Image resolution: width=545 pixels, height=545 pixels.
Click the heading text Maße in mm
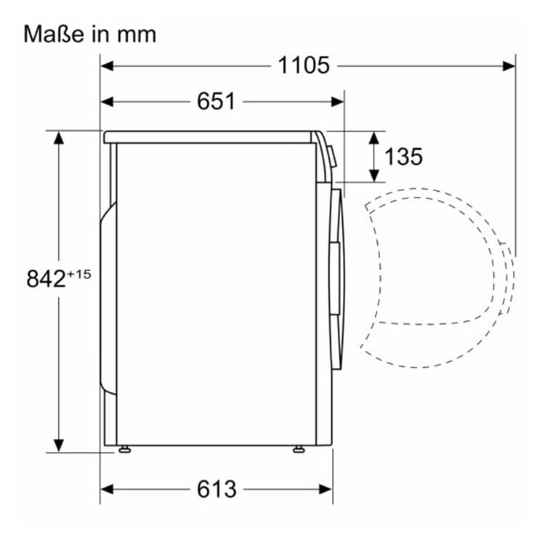90,33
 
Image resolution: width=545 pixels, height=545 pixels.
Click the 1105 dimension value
304,65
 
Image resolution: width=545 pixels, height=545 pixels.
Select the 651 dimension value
216,101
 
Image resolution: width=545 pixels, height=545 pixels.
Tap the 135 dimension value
403,156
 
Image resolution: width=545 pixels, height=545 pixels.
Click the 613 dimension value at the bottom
217,489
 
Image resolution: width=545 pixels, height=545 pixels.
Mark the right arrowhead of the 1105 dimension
509,65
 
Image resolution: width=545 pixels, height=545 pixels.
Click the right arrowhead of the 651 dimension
338,101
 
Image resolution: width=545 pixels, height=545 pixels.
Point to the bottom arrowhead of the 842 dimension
59,444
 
